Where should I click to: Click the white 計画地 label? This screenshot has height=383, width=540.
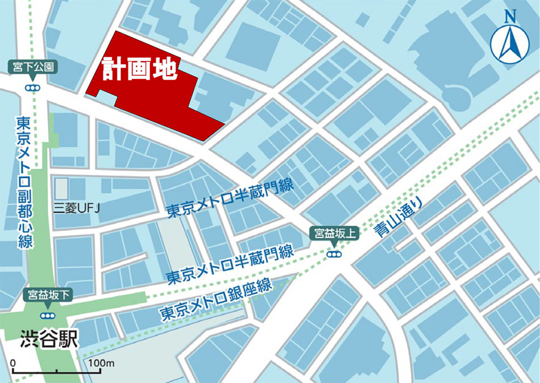click(140, 70)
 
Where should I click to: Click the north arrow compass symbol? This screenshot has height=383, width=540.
click(510, 45)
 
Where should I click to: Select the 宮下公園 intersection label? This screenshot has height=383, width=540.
click(33, 67)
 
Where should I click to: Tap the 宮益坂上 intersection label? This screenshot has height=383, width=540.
click(334, 233)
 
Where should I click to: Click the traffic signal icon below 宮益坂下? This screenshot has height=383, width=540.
click(45, 315)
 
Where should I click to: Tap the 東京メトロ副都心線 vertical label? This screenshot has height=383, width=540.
click(23, 182)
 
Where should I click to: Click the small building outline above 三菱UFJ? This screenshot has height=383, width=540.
click(61, 189)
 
